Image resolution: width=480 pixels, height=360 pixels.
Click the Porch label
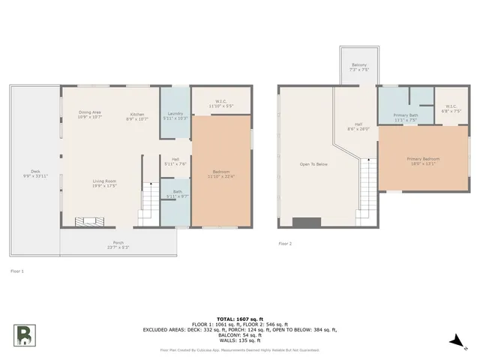click(x=118, y=244)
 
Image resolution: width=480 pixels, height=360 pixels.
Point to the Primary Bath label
click(x=406, y=116)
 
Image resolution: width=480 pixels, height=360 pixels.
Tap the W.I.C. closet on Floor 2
click(x=451, y=109)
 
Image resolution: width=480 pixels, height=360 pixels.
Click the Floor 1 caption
click(x=16, y=270)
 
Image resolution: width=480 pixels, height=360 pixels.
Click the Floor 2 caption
click(x=285, y=244)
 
